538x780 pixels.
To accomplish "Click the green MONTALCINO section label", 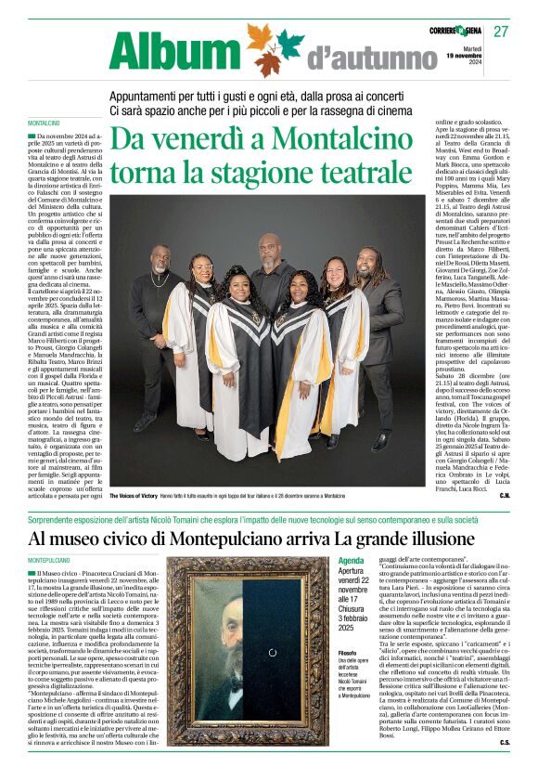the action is point(44,123).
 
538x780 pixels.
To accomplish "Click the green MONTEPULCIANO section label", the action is point(49,561).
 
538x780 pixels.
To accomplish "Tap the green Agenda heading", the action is point(351,561).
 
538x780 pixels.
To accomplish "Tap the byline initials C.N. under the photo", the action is point(505,496).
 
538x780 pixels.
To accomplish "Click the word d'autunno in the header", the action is point(354,60).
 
